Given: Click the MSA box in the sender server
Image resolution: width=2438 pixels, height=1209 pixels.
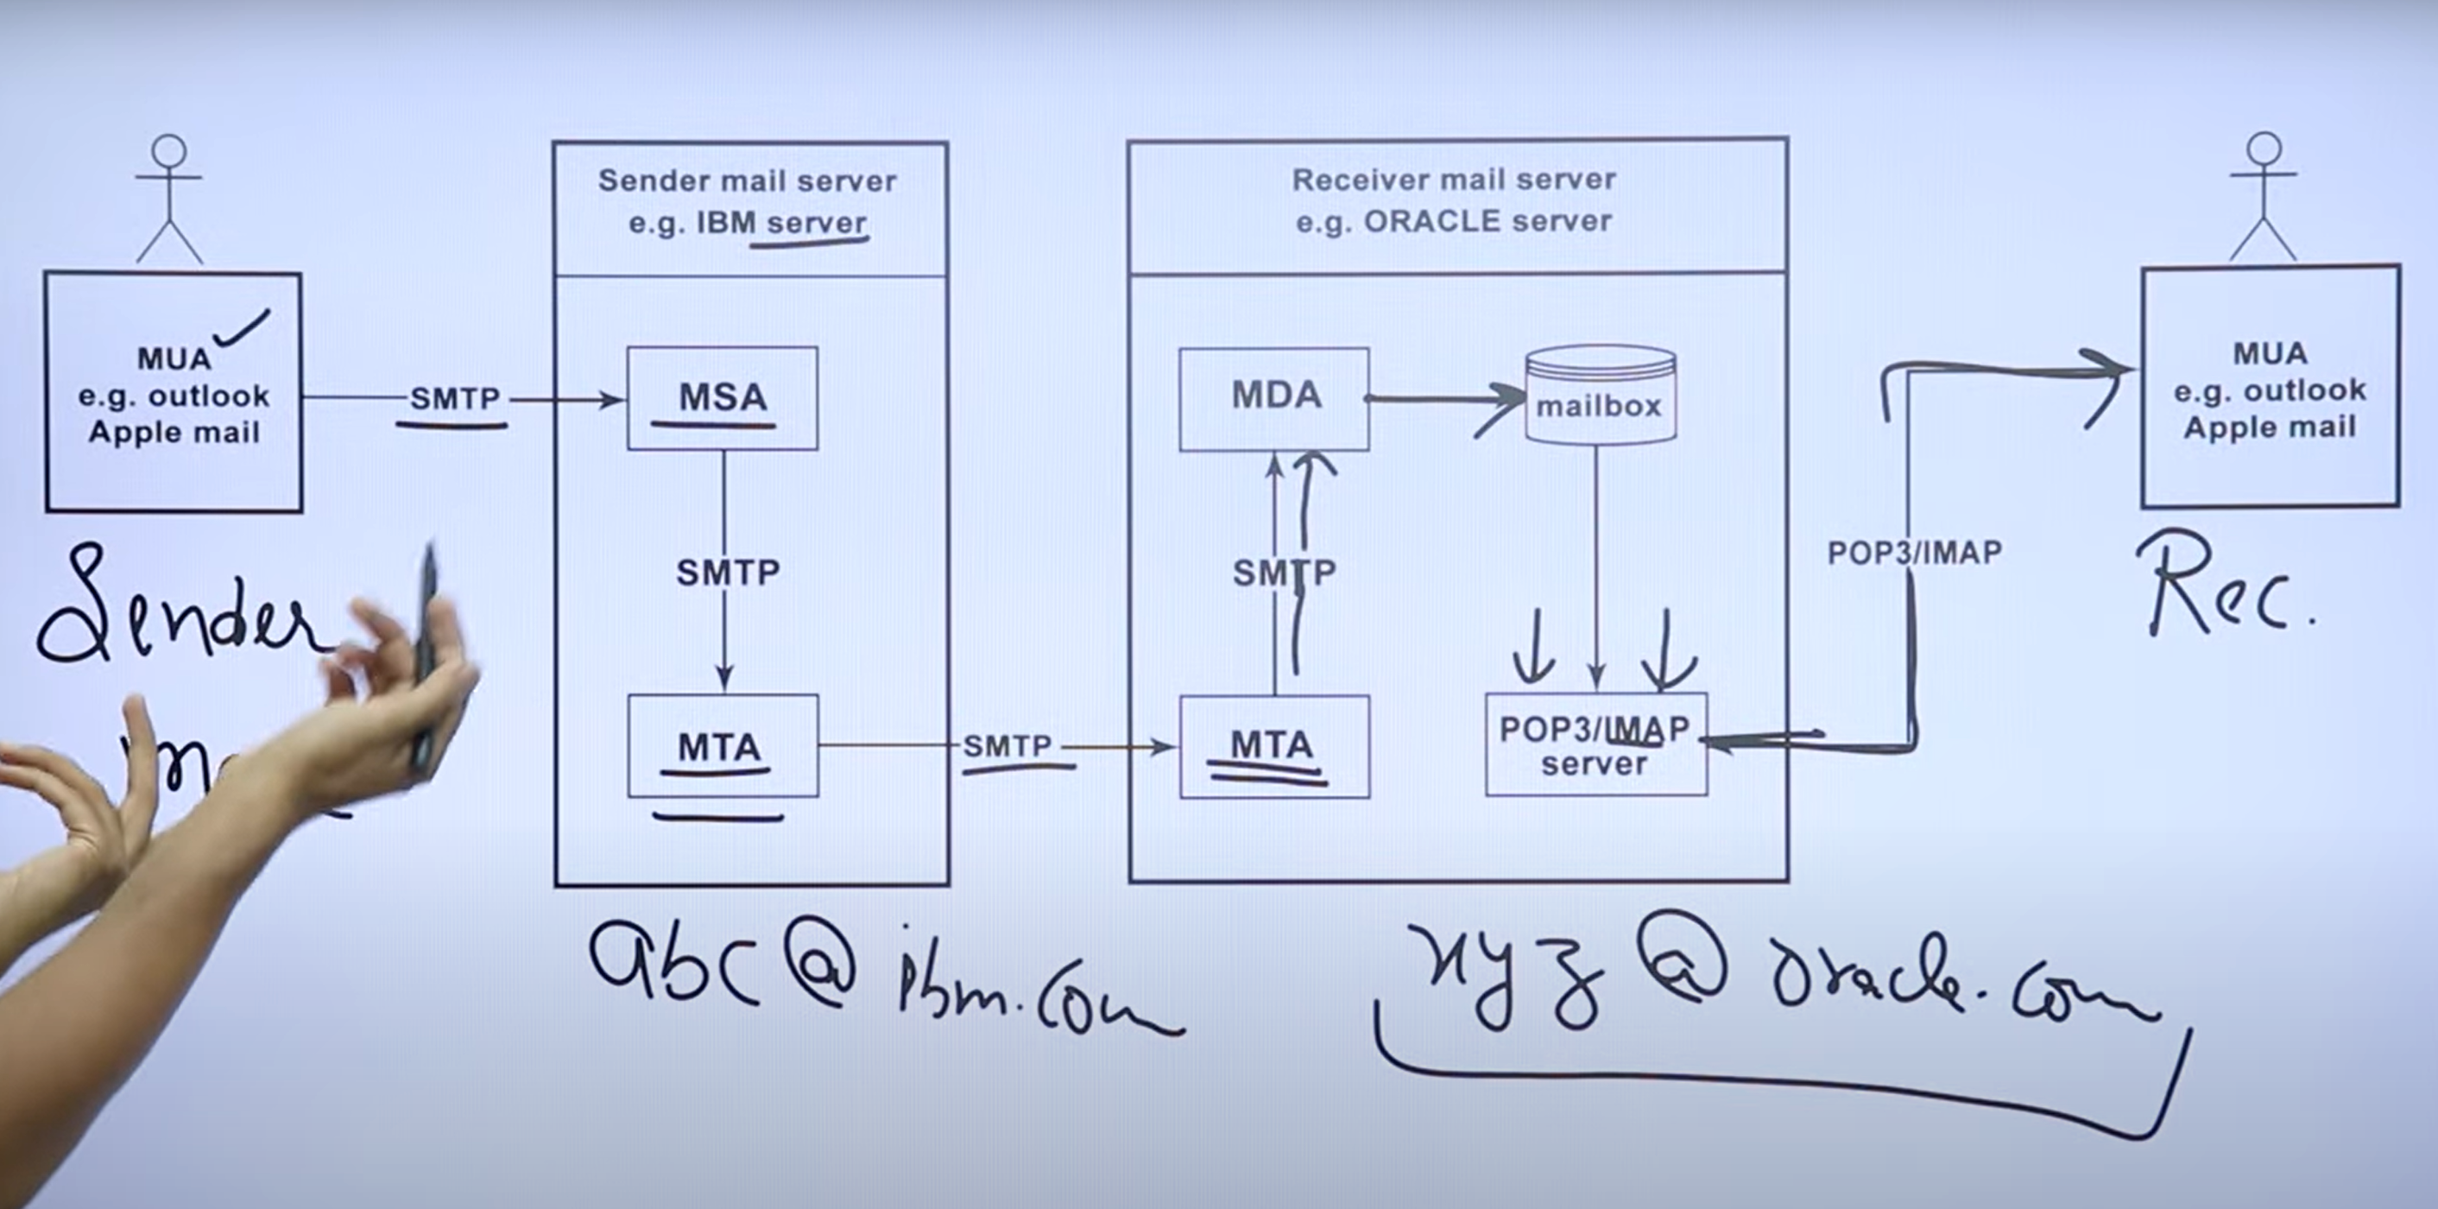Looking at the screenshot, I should click(722, 397).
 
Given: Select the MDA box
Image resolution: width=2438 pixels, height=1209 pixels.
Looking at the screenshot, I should click(1274, 397).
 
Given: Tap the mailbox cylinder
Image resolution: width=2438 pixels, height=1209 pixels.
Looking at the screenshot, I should click(1600, 396).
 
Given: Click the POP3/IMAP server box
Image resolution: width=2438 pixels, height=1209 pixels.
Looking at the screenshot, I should click(1595, 744).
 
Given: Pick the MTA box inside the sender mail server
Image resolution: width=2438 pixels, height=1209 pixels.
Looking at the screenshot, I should click(722, 746).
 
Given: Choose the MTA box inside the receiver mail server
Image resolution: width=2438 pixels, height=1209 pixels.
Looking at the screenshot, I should click(1274, 746).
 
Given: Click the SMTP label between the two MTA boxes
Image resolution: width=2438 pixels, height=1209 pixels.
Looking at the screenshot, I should click(1007, 746).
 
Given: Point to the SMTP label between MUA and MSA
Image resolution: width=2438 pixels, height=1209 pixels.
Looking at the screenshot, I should click(454, 399).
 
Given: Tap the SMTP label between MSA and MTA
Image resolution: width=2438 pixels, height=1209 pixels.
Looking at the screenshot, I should click(727, 572).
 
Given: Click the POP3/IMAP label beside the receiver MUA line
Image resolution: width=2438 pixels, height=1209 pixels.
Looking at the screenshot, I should click(1914, 553).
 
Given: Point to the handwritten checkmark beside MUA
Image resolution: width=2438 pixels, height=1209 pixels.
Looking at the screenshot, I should click(243, 327).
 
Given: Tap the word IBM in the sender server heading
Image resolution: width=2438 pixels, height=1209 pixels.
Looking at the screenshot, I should click(727, 224).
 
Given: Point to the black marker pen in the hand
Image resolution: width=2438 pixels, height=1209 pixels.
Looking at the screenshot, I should click(426, 653).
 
